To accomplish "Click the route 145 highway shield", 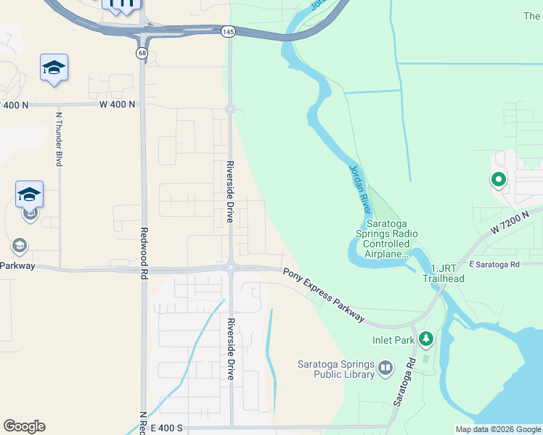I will (228, 31).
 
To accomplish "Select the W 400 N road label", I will (118, 104).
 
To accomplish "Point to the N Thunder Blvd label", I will (59, 138).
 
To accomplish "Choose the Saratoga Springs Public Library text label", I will (335, 369).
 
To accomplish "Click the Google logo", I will (24, 426).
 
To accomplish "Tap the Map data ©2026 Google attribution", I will (497, 429).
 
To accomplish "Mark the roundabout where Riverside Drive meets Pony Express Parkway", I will (230, 268).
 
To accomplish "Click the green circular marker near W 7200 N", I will (498, 179).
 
